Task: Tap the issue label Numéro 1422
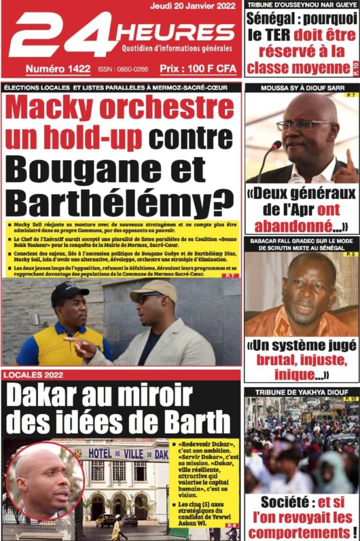58,69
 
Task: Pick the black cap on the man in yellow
69,291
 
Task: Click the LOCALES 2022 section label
34,375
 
